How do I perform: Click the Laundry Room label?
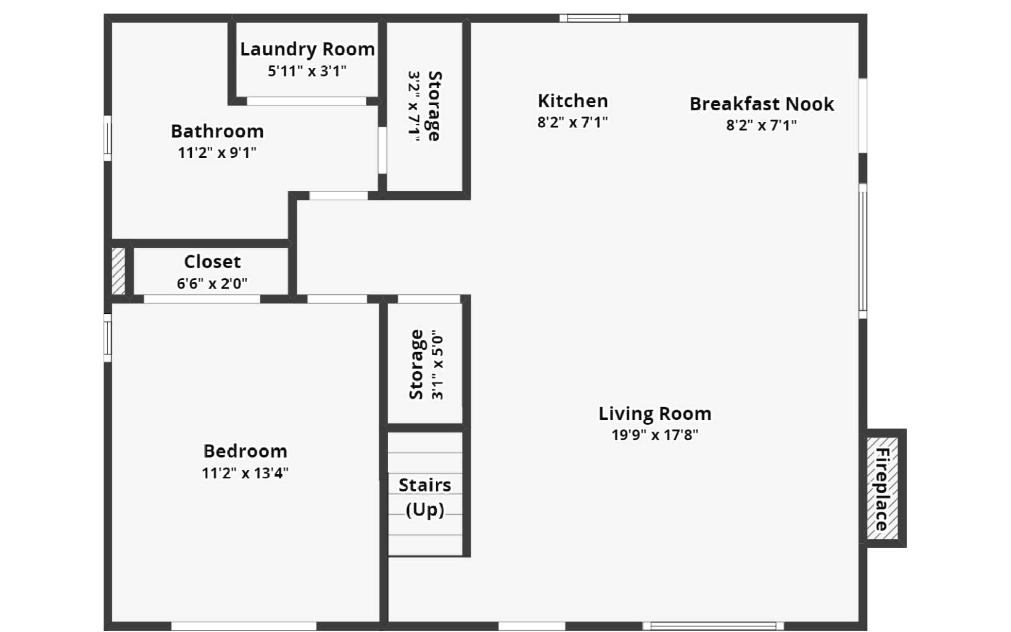[x=307, y=49]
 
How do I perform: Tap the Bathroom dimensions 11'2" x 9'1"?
[x=217, y=153]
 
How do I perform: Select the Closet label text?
[x=213, y=261]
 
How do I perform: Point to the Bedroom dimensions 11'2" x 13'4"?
[x=245, y=473]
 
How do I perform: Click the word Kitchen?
[x=573, y=101]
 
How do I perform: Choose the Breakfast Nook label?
[x=762, y=104]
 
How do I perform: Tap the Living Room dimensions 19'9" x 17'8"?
[x=655, y=435]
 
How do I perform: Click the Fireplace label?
[x=882, y=489]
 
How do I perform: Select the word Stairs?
[x=425, y=485]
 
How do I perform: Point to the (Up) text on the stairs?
[x=425, y=510]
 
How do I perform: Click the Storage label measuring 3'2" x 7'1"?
[x=434, y=106]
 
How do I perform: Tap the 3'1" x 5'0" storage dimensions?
[x=437, y=367]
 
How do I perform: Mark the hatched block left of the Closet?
[x=118, y=271]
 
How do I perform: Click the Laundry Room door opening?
[x=307, y=102]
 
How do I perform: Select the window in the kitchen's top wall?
[x=593, y=18]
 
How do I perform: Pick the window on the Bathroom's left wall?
[x=107, y=138]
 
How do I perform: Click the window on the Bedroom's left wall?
[x=107, y=338]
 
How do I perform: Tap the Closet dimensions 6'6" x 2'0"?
[x=212, y=284]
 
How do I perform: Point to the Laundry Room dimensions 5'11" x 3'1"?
[x=307, y=72]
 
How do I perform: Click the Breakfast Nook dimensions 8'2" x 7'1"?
[x=761, y=125]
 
